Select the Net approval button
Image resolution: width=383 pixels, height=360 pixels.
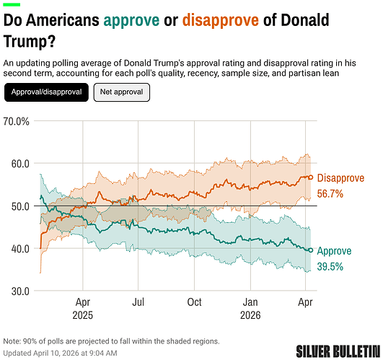tap(122, 92)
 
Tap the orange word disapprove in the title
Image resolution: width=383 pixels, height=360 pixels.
tap(220, 21)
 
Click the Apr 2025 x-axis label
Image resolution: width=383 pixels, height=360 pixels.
tap(83, 309)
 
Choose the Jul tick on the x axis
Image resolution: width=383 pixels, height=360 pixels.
tap(138, 303)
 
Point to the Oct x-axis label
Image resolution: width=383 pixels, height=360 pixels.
tap(194, 303)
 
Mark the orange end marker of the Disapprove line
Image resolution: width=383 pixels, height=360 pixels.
tap(311, 177)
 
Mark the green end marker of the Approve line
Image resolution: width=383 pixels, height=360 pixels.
tap(311, 250)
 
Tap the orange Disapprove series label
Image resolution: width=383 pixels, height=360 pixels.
tap(340, 178)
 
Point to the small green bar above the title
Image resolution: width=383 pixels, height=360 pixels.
tap(12, 4)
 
